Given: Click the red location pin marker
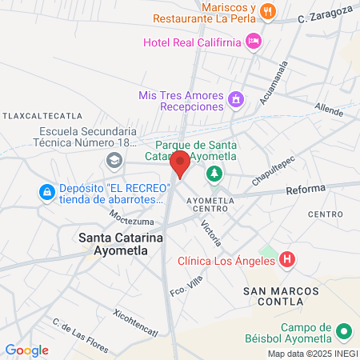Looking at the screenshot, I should click(181, 164).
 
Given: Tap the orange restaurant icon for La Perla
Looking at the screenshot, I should click(268, 11).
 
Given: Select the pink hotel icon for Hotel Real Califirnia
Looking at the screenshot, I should click(254, 41).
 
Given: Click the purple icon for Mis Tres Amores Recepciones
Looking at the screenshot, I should click(235, 100).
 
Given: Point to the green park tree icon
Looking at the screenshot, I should click(214, 173).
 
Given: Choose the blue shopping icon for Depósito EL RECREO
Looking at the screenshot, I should click(46, 193).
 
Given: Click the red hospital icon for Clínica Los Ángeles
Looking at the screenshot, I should click(288, 259).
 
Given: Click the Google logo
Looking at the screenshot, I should click(26, 350).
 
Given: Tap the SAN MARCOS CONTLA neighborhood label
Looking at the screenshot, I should click(274, 296).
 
